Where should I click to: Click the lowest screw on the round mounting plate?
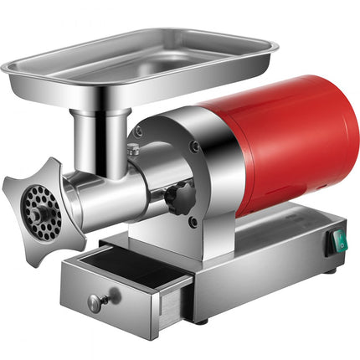click(193, 222)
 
